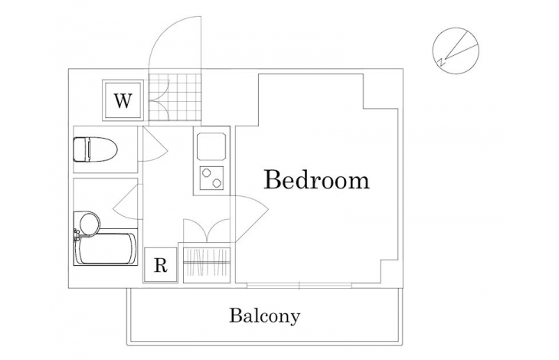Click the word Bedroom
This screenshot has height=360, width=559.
[x=316, y=179]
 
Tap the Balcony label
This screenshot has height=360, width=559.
[x=264, y=316]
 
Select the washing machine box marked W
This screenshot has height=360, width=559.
[x=123, y=100]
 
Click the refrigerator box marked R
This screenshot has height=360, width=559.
[x=161, y=265]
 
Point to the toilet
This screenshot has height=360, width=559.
[x=95, y=149]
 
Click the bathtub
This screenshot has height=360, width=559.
[x=106, y=249]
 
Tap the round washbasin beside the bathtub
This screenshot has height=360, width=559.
[x=89, y=224]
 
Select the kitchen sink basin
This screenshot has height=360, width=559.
[x=212, y=146]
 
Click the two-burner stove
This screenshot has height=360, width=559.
[x=212, y=178]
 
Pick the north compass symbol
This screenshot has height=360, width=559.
[x=456, y=51]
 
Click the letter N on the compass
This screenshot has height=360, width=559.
[x=441, y=62]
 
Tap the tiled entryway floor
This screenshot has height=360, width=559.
[x=175, y=97]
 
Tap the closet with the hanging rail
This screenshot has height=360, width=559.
[x=207, y=263]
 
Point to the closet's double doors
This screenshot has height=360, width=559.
[x=207, y=231]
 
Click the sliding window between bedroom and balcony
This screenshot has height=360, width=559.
[x=299, y=285]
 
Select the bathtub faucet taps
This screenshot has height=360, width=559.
[x=77, y=235]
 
